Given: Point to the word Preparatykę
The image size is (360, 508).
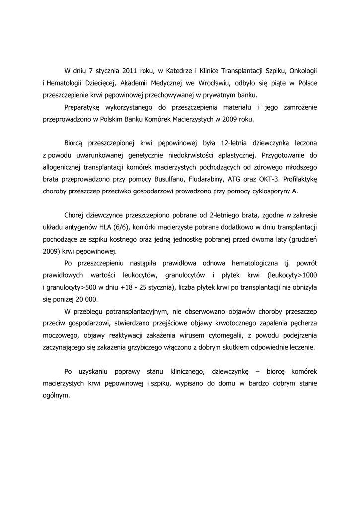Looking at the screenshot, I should coord(82,107).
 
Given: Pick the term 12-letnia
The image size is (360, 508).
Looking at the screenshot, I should coord(228,143).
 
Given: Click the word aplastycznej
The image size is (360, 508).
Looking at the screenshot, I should coord(232,155).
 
